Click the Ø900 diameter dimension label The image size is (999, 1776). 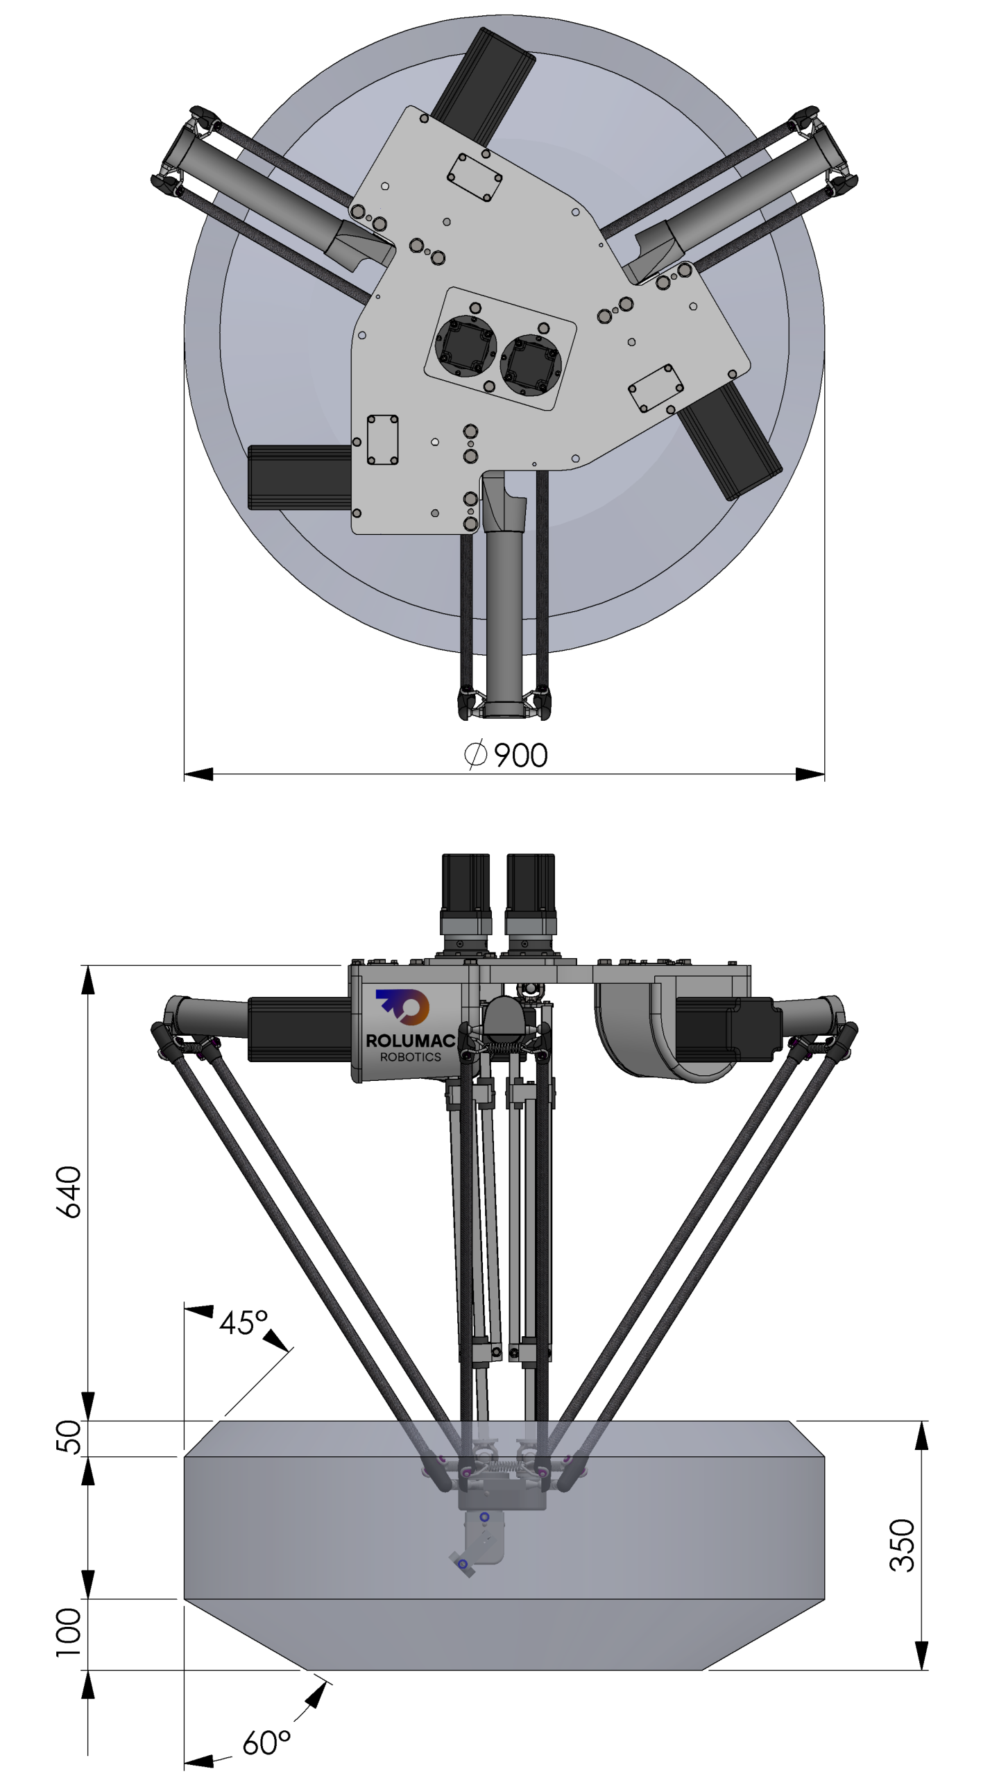[506, 755]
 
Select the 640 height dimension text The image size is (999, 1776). [69, 1192]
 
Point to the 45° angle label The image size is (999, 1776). [244, 1323]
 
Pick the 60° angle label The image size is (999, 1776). [266, 1743]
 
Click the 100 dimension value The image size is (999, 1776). [69, 1632]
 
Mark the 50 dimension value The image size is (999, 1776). [69, 1437]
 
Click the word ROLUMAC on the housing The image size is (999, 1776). [410, 1041]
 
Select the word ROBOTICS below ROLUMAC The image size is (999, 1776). [410, 1057]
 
